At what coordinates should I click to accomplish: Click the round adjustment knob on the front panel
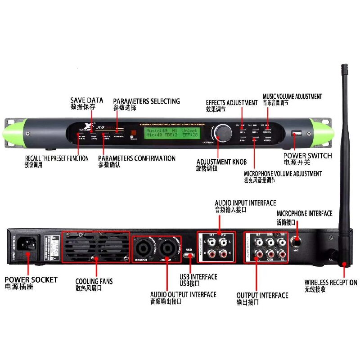click(223, 132)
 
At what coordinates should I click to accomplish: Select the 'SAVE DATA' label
click(86, 100)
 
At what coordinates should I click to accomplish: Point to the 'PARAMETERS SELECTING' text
click(146, 101)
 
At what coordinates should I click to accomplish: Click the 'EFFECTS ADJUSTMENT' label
click(232, 103)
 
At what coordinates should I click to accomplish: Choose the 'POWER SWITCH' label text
click(307, 156)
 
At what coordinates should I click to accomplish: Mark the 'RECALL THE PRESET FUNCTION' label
click(57, 158)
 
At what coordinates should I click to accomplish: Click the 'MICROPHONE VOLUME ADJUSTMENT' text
click(283, 173)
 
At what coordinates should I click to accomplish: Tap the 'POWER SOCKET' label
click(31, 279)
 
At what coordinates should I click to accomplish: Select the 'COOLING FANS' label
click(94, 281)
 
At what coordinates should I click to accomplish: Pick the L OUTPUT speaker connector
click(166, 247)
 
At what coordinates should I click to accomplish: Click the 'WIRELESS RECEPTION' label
click(330, 283)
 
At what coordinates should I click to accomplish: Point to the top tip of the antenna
click(345, 67)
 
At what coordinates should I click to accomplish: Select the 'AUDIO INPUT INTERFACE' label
click(245, 203)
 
